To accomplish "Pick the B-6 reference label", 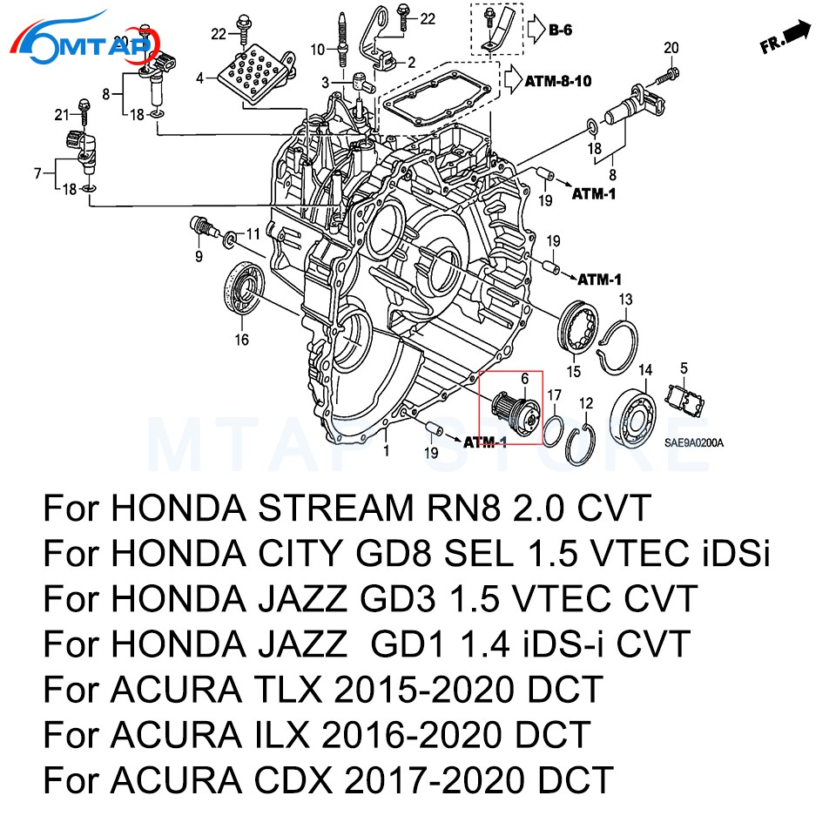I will pyautogui.click(x=561, y=32).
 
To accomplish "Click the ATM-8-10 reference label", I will pyautogui.click(x=558, y=82).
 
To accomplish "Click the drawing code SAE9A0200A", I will pyautogui.click(x=694, y=443).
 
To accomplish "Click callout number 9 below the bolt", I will pyautogui.click(x=199, y=256).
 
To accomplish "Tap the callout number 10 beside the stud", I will pyautogui.click(x=316, y=48).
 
